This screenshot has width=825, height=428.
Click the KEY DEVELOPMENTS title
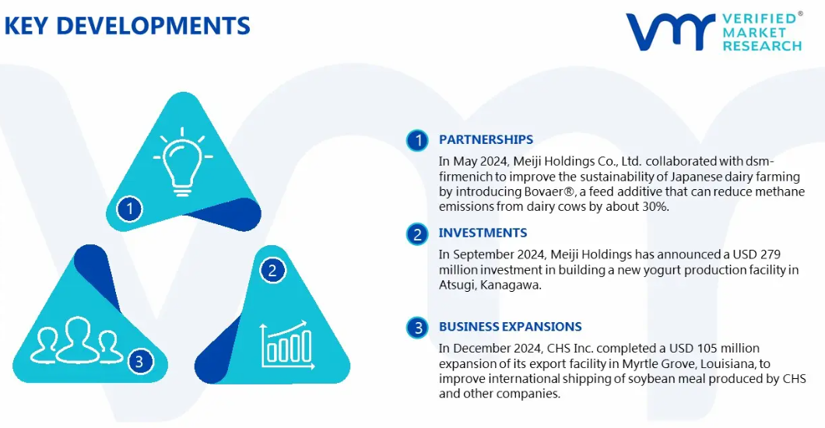click(128, 26)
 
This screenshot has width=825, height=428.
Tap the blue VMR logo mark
click(670, 33)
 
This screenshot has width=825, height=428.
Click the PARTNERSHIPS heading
click(486, 140)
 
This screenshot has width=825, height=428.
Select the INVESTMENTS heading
click(483, 233)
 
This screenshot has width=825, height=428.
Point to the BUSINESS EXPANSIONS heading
click(510, 327)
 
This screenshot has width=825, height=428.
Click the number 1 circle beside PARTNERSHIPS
click(418, 140)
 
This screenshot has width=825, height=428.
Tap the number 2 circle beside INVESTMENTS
click(418, 234)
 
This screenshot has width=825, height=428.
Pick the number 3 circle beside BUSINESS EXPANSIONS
click(418, 328)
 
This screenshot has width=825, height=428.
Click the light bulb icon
click(182, 162)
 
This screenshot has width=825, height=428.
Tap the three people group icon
click(77, 341)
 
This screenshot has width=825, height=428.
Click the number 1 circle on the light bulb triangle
click(129, 209)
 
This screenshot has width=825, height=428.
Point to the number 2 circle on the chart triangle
click(272, 270)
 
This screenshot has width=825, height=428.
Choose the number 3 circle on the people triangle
click(139, 361)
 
